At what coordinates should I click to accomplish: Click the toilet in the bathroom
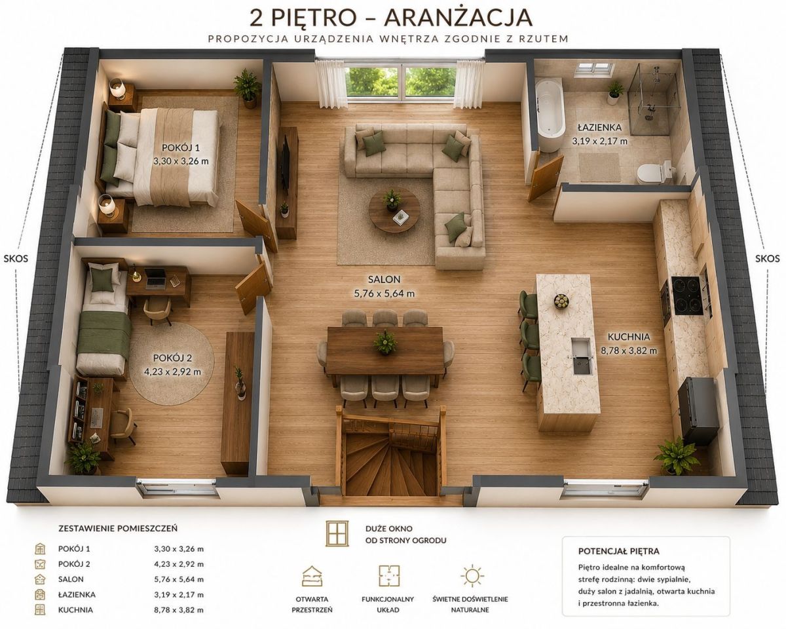tap(655, 173)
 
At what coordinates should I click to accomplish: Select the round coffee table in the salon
tap(394, 210)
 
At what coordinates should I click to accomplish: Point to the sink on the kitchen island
tap(581, 356)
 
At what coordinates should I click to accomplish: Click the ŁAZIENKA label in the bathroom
tap(599, 127)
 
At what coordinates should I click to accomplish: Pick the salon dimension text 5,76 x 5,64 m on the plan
tap(384, 293)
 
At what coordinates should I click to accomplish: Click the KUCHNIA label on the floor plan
tap(629, 336)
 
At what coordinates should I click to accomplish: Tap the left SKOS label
tap(16, 258)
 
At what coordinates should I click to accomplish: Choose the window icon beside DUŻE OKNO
tap(337, 533)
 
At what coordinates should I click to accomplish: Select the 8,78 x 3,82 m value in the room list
tap(179, 609)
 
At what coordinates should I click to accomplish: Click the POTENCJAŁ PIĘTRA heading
tap(619, 551)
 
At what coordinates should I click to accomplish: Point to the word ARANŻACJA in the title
tap(458, 18)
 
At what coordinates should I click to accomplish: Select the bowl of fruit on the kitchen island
tap(561, 301)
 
